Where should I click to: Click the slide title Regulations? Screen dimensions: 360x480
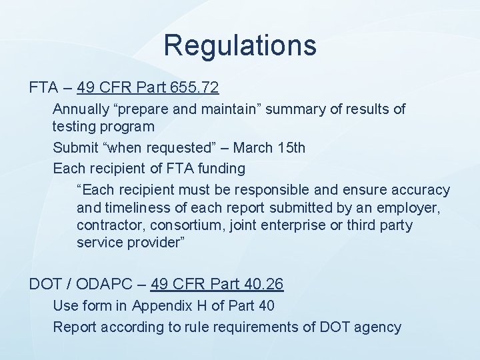click(x=240, y=45)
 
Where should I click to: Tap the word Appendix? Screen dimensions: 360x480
click(x=160, y=306)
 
